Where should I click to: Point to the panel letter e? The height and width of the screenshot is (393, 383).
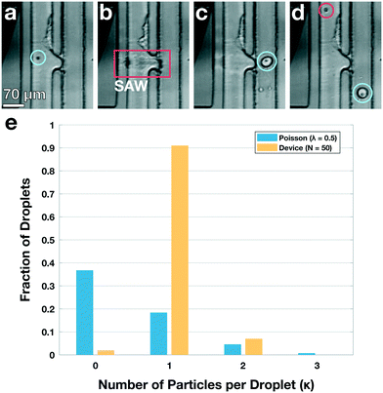point(10,124)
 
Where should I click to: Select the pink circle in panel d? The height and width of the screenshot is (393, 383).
point(326,11)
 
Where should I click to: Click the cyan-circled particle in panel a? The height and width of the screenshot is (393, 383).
point(37,58)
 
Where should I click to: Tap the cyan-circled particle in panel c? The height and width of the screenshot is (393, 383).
point(265,61)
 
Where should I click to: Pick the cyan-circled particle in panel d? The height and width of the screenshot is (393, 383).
point(362,94)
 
